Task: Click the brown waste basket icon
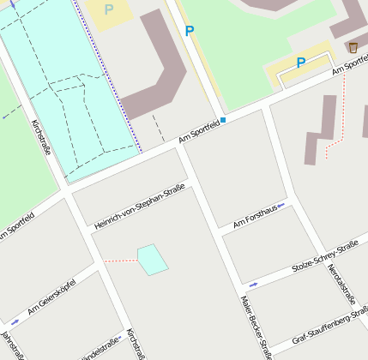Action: [x=353, y=47]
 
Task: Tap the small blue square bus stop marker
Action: [x=223, y=120]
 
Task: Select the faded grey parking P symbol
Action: [x=109, y=9]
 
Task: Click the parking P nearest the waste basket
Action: [x=301, y=63]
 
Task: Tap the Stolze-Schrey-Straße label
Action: [x=324, y=255]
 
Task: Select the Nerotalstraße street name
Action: [x=340, y=284]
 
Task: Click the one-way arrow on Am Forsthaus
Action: [x=281, y=205]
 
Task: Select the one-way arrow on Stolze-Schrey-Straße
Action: [x=252, y=284]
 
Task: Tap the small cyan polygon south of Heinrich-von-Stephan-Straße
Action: [x=152, y=259]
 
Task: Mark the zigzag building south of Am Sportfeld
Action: [x=320, y=129]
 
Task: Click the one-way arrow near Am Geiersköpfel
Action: [x=13, y=321]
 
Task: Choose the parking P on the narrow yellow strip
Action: [x=190, y=31]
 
